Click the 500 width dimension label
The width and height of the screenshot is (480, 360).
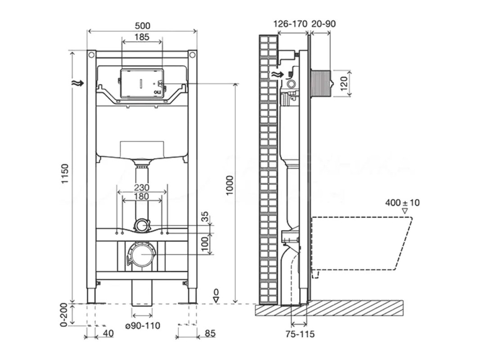[142, 26]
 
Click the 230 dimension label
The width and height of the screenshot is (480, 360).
[142, 187]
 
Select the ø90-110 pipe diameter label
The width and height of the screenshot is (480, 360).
[140, 325]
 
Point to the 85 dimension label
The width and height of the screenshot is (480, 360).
[210, 333]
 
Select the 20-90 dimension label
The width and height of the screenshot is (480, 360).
[323, 24]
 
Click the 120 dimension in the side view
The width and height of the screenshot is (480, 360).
[345, 83]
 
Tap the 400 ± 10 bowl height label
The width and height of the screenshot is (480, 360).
[402, 202]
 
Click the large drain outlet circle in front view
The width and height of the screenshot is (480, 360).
[141, 254]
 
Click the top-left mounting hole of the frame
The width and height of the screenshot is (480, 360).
[91, 55]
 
